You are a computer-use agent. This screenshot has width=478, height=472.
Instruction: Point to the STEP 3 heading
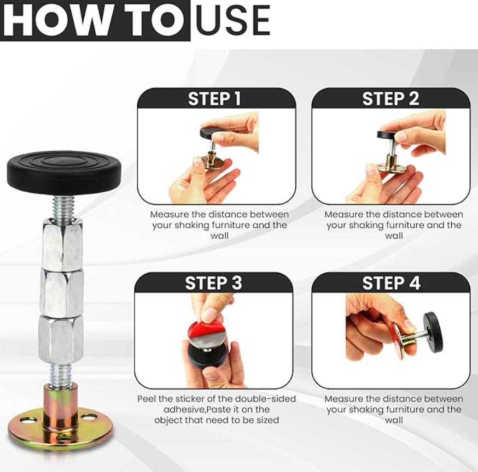click(x=213, y=283)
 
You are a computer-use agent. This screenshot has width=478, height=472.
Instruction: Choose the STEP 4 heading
click(x=391, y=283)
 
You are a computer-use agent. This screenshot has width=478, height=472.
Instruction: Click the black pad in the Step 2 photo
click(x=390, y=134)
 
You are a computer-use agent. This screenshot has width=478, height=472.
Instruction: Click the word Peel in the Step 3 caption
click(x=148, y=399)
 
